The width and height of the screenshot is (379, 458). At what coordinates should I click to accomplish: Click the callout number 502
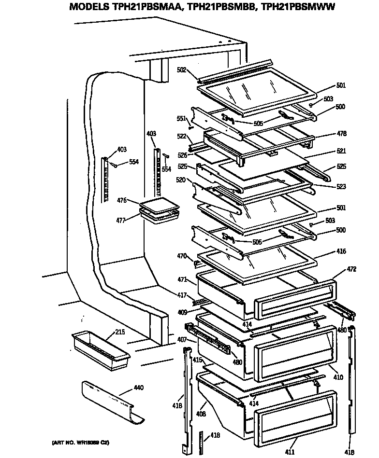(x=181, y=70)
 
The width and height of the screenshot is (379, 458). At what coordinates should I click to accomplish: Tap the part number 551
(x=181, y=118)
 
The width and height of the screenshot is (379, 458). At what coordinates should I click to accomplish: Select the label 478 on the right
(x=341, y=134)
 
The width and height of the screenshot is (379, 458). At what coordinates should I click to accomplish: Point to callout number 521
(x=341, y=151)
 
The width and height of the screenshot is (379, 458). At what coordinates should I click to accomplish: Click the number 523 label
(x=341, y=186)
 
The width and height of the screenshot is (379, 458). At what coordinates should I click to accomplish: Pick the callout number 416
(x=341, y=251)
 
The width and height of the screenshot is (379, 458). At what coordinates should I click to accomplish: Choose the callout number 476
(x=121, y=200)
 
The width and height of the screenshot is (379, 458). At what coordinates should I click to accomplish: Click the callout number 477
(x=121, y=220)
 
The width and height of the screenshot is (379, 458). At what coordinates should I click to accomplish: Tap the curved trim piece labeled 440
(x=111, y=401)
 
